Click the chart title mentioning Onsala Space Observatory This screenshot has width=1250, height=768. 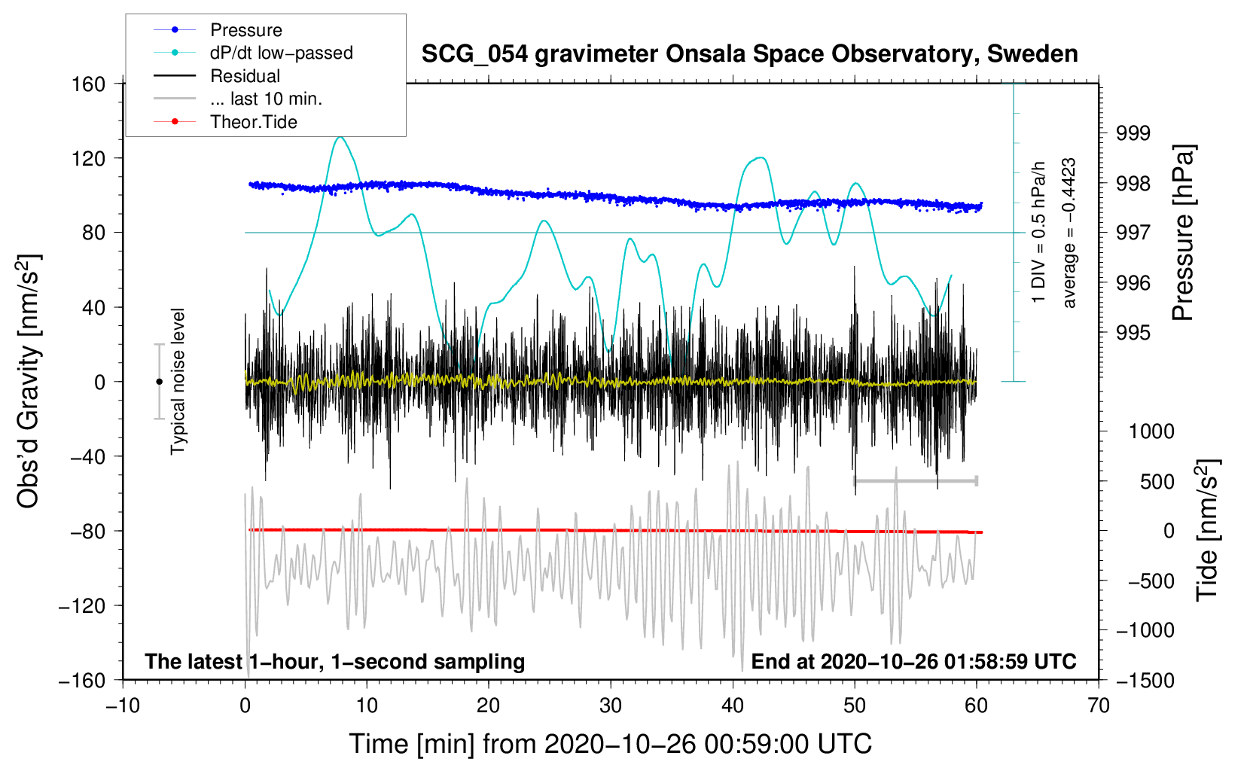[749, 54]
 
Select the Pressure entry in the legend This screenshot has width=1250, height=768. [245, 30]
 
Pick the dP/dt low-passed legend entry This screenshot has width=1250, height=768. [281, 53]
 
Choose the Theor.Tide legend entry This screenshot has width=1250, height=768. [253, 122]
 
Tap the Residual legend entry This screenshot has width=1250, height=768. [245, 76]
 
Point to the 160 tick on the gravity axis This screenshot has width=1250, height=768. [89, 84]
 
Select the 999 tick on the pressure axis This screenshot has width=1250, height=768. [1133, 133]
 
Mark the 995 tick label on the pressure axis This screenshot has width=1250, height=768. [1133, 333]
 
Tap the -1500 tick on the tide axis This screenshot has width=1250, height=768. [1145, 680]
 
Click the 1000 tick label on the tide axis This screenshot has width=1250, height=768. [1151, 431]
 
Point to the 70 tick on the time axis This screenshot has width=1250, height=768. [1099, 706]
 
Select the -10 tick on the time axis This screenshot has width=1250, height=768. [123, 706]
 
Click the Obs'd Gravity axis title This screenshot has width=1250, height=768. [29, 381]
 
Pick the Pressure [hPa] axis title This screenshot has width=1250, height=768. [1183, 233]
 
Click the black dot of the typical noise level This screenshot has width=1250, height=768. [159, 382]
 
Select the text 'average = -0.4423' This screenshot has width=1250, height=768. [1069, 233]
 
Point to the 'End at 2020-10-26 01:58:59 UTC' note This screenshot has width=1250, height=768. [913, 661]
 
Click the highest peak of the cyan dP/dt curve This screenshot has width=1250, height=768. [340, 137]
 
